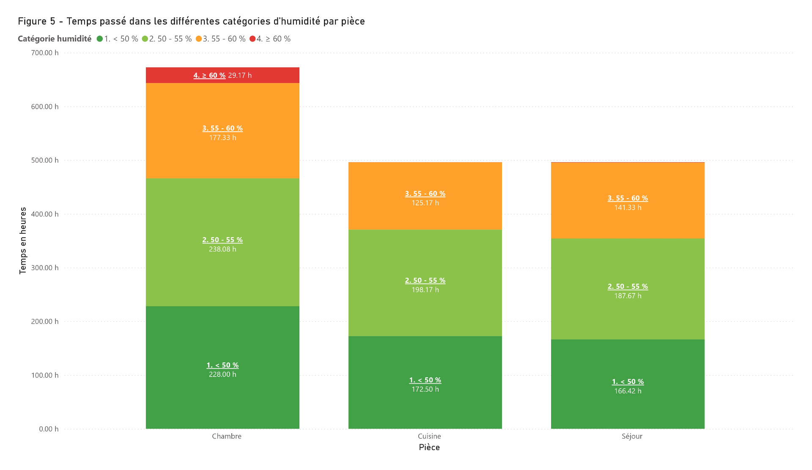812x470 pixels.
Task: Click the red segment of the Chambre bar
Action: click(222, 75)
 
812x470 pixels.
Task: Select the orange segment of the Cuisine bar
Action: click(425, 196)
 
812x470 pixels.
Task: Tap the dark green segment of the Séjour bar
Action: click(628, 384)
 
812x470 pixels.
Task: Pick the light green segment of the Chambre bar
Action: click(222, 242)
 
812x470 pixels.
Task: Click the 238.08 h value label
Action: click(222, 249)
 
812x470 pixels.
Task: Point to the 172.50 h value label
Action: click(425, 390)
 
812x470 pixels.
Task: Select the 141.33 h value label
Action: click(628, 208)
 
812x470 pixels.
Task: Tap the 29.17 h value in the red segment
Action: click(240, 75)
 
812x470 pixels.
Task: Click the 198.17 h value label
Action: click(425, 290)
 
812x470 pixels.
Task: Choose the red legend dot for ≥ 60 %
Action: click(252, 39)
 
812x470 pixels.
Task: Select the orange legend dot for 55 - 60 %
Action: click(199, 39)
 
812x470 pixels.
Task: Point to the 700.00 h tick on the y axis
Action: click(44, 53)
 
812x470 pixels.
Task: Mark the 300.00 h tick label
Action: click(44, 268)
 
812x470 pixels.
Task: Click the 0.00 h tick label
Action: click(49, 429)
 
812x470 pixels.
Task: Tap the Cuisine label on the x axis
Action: click(429, 436)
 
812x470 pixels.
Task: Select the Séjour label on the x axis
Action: click(632, 436)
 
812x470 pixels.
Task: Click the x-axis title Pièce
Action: click(429, 448)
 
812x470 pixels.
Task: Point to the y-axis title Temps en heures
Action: click(23, 241)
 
